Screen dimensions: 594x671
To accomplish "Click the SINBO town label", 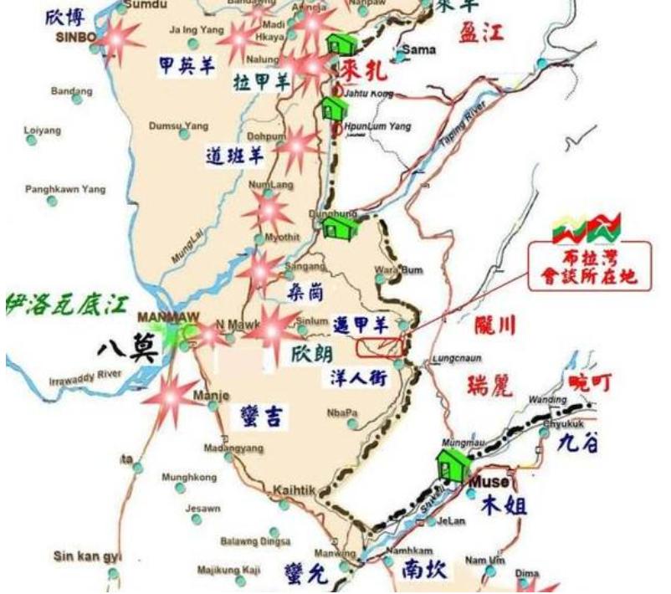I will (76, 38).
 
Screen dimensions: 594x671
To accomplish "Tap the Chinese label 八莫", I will (125, 346).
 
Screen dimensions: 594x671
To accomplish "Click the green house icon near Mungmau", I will (453, 463).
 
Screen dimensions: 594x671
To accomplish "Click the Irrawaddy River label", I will (85, 377).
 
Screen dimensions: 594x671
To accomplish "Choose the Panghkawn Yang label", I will (65, 189).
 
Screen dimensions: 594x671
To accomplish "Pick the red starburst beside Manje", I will (172, 397).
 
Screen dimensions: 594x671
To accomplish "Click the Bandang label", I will (70, 91).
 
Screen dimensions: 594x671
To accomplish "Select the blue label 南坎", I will (423, 571).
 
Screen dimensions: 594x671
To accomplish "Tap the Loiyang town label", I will (44, 131).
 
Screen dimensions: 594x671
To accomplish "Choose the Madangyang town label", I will (233, 448).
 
